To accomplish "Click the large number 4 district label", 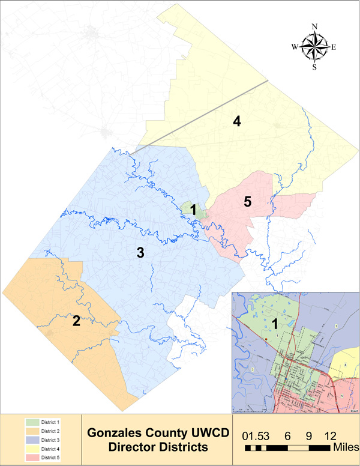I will (x=237, y=122).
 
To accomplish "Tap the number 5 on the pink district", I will (x=247, y=202).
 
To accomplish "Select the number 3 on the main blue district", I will (x=140, y=253).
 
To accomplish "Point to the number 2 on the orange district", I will (x=76, y=321).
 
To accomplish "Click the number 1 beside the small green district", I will (x=193, y=209).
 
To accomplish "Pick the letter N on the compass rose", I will (x=314, y=26).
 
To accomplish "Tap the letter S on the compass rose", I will (x=314, y=67).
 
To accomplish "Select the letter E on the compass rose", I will (x=334, y=47).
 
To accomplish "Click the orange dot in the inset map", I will (x=265, y=340).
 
